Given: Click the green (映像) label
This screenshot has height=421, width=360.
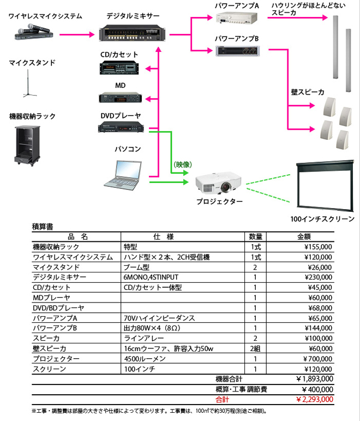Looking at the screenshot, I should [x=182, y=164].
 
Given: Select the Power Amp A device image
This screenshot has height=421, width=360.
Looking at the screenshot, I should [x=236, y=18].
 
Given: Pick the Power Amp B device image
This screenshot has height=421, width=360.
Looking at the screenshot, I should [x=239, y=51].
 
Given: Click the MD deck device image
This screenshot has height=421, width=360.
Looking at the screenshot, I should [x=121, y=98].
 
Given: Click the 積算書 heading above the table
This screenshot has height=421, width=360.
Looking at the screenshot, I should [x=43, y=226].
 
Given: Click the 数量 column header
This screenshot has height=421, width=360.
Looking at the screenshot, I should [x=255, y=236].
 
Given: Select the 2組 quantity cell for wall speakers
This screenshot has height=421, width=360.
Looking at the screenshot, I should [x=255, y=348].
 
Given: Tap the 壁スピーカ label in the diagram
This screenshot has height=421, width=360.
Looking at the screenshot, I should [x=308, y=92].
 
